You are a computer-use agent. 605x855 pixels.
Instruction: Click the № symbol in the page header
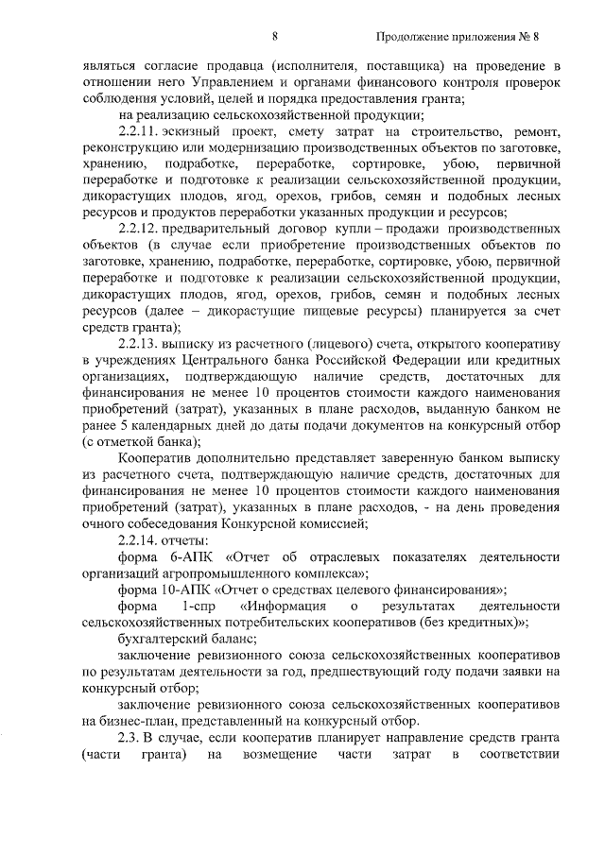click(x=524, y=37)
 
